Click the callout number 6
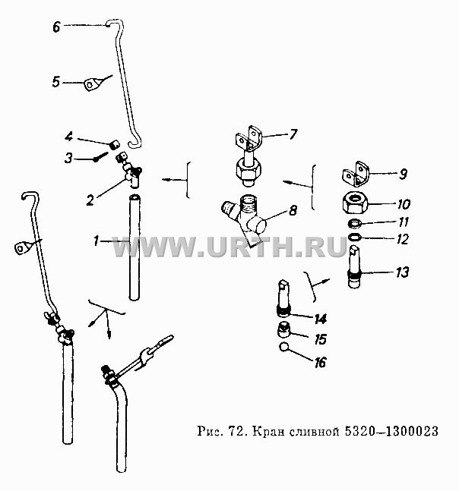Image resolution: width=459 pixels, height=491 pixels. pos(56,27)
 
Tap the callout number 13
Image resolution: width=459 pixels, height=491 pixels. pos(402,272)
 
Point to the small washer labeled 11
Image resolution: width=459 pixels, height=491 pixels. pos(355,224)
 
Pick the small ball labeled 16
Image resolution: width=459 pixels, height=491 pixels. pos(283,347)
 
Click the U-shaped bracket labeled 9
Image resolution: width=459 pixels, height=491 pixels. pos(356,174)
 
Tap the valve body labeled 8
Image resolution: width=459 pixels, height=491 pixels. pos(244,216)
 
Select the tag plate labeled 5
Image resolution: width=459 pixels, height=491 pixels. pos(91,84)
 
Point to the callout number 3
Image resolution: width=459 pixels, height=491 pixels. pos(68,158)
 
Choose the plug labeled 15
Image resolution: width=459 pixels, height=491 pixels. pos(284,331)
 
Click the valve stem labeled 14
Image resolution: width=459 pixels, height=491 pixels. pos(283,297)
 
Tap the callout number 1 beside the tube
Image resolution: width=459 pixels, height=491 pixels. pos(96,241)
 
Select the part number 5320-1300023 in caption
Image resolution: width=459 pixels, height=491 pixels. pos(391,431)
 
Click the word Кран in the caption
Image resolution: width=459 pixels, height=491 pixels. pos(266,432)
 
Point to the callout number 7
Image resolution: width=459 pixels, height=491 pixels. pos(293,134)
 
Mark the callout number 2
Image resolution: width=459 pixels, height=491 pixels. pos(90,200)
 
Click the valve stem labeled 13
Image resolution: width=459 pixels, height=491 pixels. pos(355,266)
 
